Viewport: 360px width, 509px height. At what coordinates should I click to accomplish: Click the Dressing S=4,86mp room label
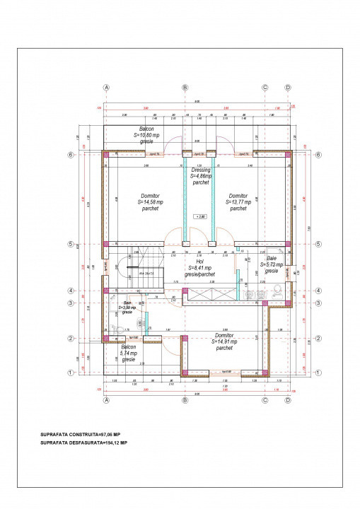tap(202, 176)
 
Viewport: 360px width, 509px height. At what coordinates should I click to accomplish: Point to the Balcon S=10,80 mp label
tap(146, 134)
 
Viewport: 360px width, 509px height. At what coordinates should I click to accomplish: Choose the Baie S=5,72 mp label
tap(271, 264)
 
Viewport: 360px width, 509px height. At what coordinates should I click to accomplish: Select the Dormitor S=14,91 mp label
tap(224, 341)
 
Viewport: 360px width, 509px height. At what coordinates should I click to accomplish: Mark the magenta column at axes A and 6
tap(106, 154)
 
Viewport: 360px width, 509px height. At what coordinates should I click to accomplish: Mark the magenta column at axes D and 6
tap(287, 154)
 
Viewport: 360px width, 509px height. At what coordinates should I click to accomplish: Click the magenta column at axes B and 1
tap(185, 372)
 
